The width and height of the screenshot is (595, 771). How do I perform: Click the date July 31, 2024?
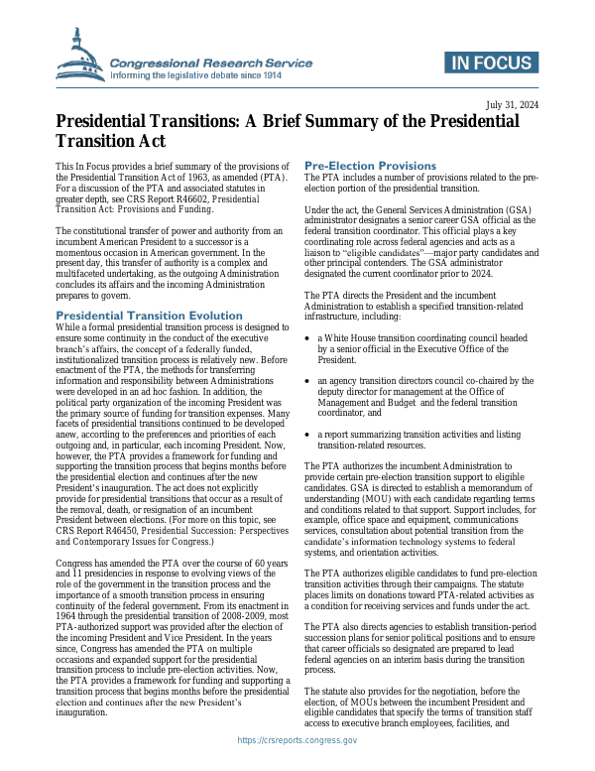click(x=512, y=104)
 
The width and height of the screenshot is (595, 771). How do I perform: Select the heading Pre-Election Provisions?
click(x=370, y=165)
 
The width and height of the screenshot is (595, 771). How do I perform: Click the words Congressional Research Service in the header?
click(x=211, y=63)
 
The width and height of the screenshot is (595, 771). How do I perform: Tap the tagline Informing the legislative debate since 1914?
click(x=211, y=75)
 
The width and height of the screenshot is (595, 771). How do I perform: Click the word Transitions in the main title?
click(x=203, y=121)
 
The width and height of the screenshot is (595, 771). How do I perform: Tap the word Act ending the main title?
click(x=148, y=143)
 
